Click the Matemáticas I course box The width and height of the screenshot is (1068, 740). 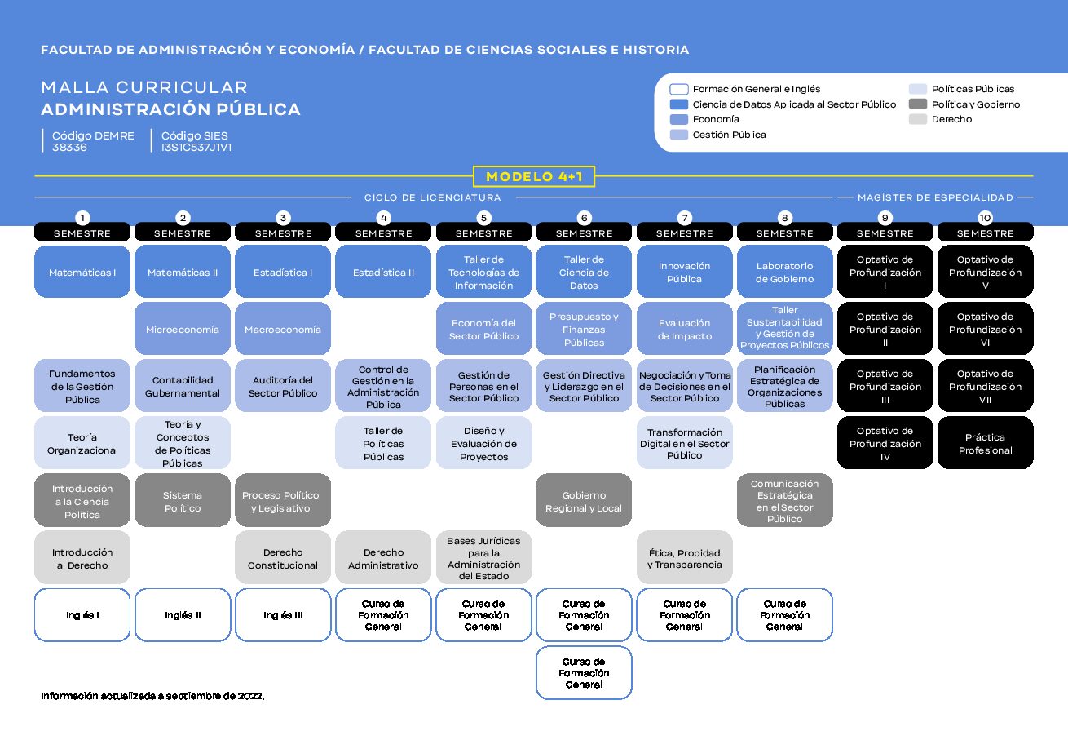(x=82, y=273)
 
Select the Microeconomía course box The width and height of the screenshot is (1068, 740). (x=183, y=330)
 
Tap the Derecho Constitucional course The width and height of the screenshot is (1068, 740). (x=283, y=559)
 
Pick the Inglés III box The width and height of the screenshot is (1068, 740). (x=283, y=615)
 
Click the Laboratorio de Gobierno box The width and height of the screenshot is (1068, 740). (x=784, y=273)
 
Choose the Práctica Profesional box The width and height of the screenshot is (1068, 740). (x=985, y=444)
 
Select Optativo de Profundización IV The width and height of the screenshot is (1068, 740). (x=885, y=444)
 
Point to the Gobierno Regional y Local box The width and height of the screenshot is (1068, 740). (x=584, y=501)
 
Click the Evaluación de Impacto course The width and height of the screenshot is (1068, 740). (x=684, y=330)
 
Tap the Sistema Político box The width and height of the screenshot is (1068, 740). (x=183, y=501)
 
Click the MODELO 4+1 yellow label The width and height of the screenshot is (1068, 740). (x=534, y=176)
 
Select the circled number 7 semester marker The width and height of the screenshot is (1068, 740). (x=685, y=218)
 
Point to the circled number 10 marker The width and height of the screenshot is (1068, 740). (x=986, y=218)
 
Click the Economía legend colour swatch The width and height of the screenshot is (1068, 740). (x=678, y=119)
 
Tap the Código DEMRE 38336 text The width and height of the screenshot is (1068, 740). (x=92, y=141)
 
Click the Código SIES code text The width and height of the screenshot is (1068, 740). (x=196, y=141)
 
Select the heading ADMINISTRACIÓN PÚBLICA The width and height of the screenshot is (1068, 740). (x=170, y=109)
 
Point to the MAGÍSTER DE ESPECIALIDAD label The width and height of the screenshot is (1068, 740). (x=935, y=197)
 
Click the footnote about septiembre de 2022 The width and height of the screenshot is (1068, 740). (x=152, y=696)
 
